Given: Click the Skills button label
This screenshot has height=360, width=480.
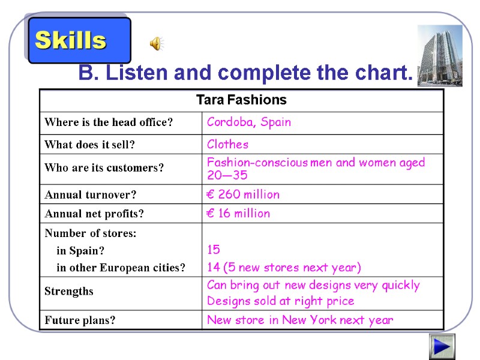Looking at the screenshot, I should (71, 41).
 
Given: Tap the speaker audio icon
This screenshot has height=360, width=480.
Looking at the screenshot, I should (156, 43).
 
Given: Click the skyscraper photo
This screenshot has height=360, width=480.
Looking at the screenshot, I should (439, 55).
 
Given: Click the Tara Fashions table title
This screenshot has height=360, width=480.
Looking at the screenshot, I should (241, 100).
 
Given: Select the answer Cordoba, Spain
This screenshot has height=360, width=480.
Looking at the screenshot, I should (249, 122).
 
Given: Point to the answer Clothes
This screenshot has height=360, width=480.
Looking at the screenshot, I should (227, 145).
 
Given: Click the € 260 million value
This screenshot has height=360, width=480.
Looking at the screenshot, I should (243, 194).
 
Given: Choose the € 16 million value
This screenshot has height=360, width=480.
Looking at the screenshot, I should (238, 214).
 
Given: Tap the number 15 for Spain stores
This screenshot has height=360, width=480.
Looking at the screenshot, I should (214, 250).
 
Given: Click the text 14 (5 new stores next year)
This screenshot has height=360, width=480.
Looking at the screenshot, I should (284, 268).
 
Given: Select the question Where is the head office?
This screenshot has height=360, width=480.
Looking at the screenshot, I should (109, 123).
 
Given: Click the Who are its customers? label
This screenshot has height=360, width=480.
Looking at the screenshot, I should (104, 169).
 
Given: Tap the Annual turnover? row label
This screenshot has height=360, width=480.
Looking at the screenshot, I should (91, 195).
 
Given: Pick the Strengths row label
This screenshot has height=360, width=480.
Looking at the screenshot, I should (69, 292).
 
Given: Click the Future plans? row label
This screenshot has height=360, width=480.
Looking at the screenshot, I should (80, 320).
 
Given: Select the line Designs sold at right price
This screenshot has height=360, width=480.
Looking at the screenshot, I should (280, 301).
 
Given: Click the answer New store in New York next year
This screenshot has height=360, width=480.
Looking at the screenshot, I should (300, 320).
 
